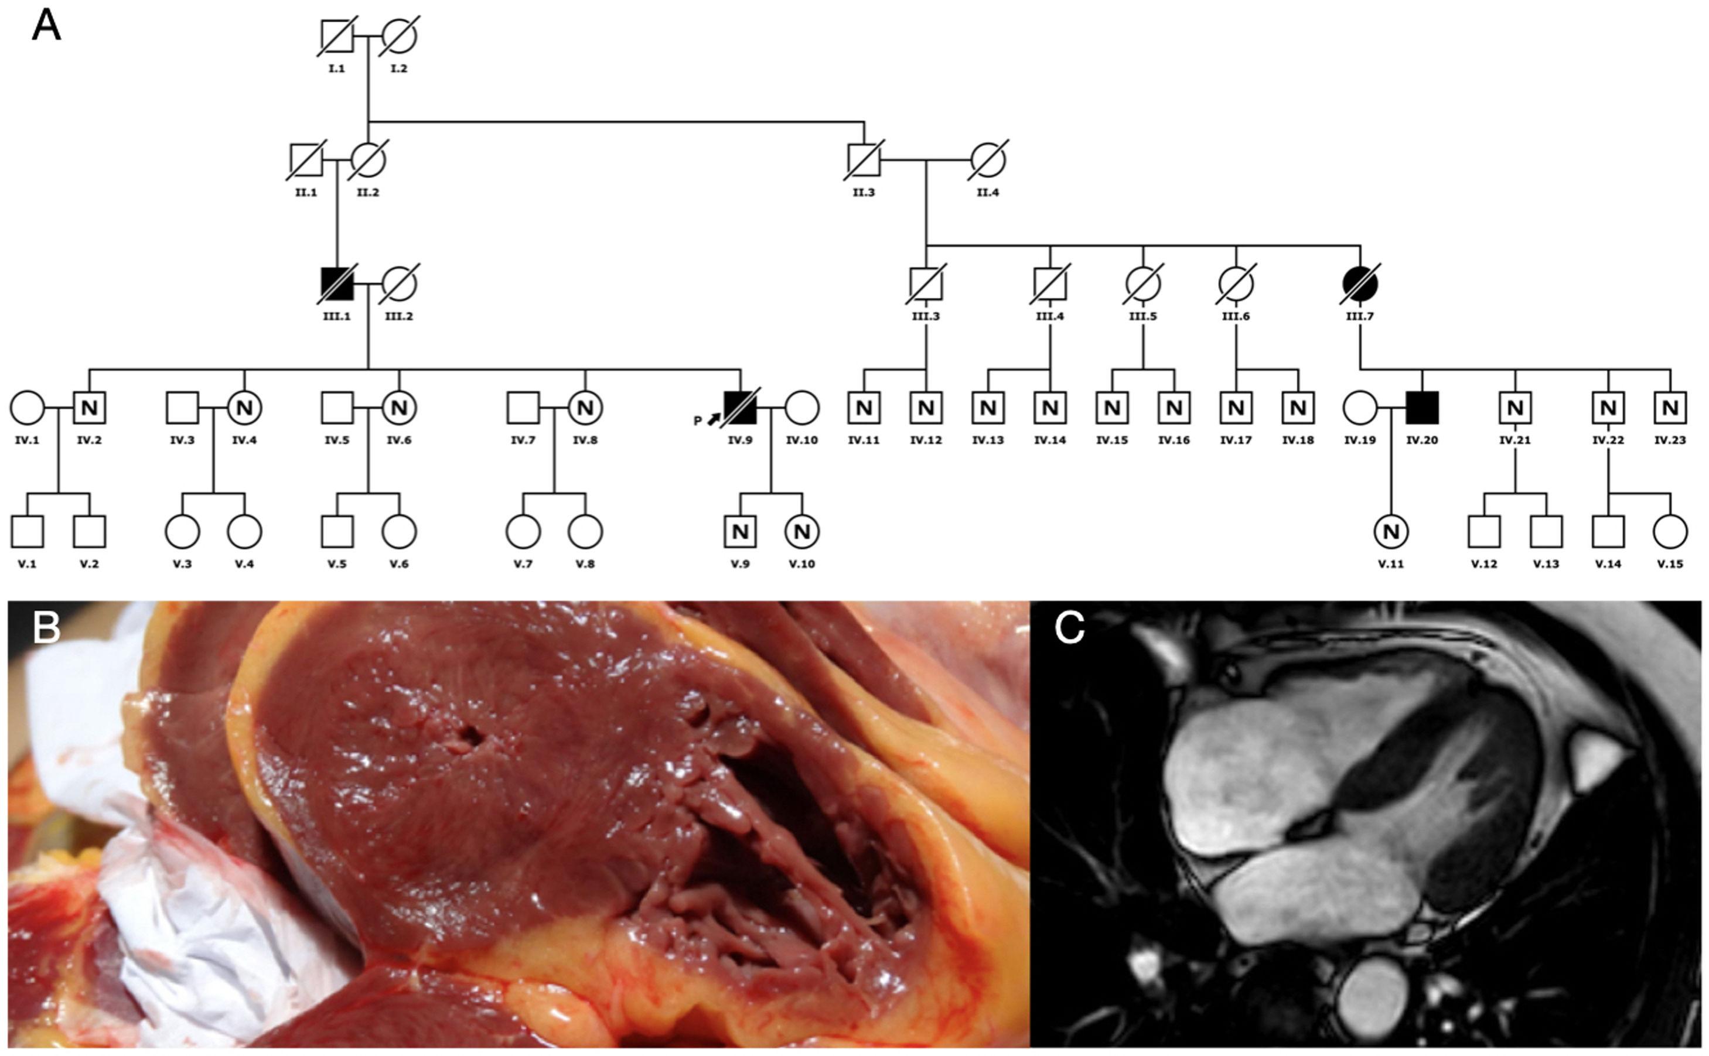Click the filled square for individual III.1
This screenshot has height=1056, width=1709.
tap(337, 284)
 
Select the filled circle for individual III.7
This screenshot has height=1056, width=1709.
tap(1360, 284)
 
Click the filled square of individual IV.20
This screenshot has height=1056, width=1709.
tap(1422, 408)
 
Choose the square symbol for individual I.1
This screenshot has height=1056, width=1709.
tap(337, 36)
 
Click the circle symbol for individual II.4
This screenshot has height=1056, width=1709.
tap(988, 160)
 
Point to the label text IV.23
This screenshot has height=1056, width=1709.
tap(1670, 440)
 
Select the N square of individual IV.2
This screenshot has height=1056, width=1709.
tap(90, 408)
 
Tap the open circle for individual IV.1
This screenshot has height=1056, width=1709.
tap(27, 408)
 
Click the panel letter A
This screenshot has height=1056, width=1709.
tap(46, 26)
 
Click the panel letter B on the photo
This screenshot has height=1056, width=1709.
tap(46, 628)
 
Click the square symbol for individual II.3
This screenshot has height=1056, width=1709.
tap(864, 160)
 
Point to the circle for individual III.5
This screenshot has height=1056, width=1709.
tap(1143, 284)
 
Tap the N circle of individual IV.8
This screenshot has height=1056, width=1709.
tap(585, 408)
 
